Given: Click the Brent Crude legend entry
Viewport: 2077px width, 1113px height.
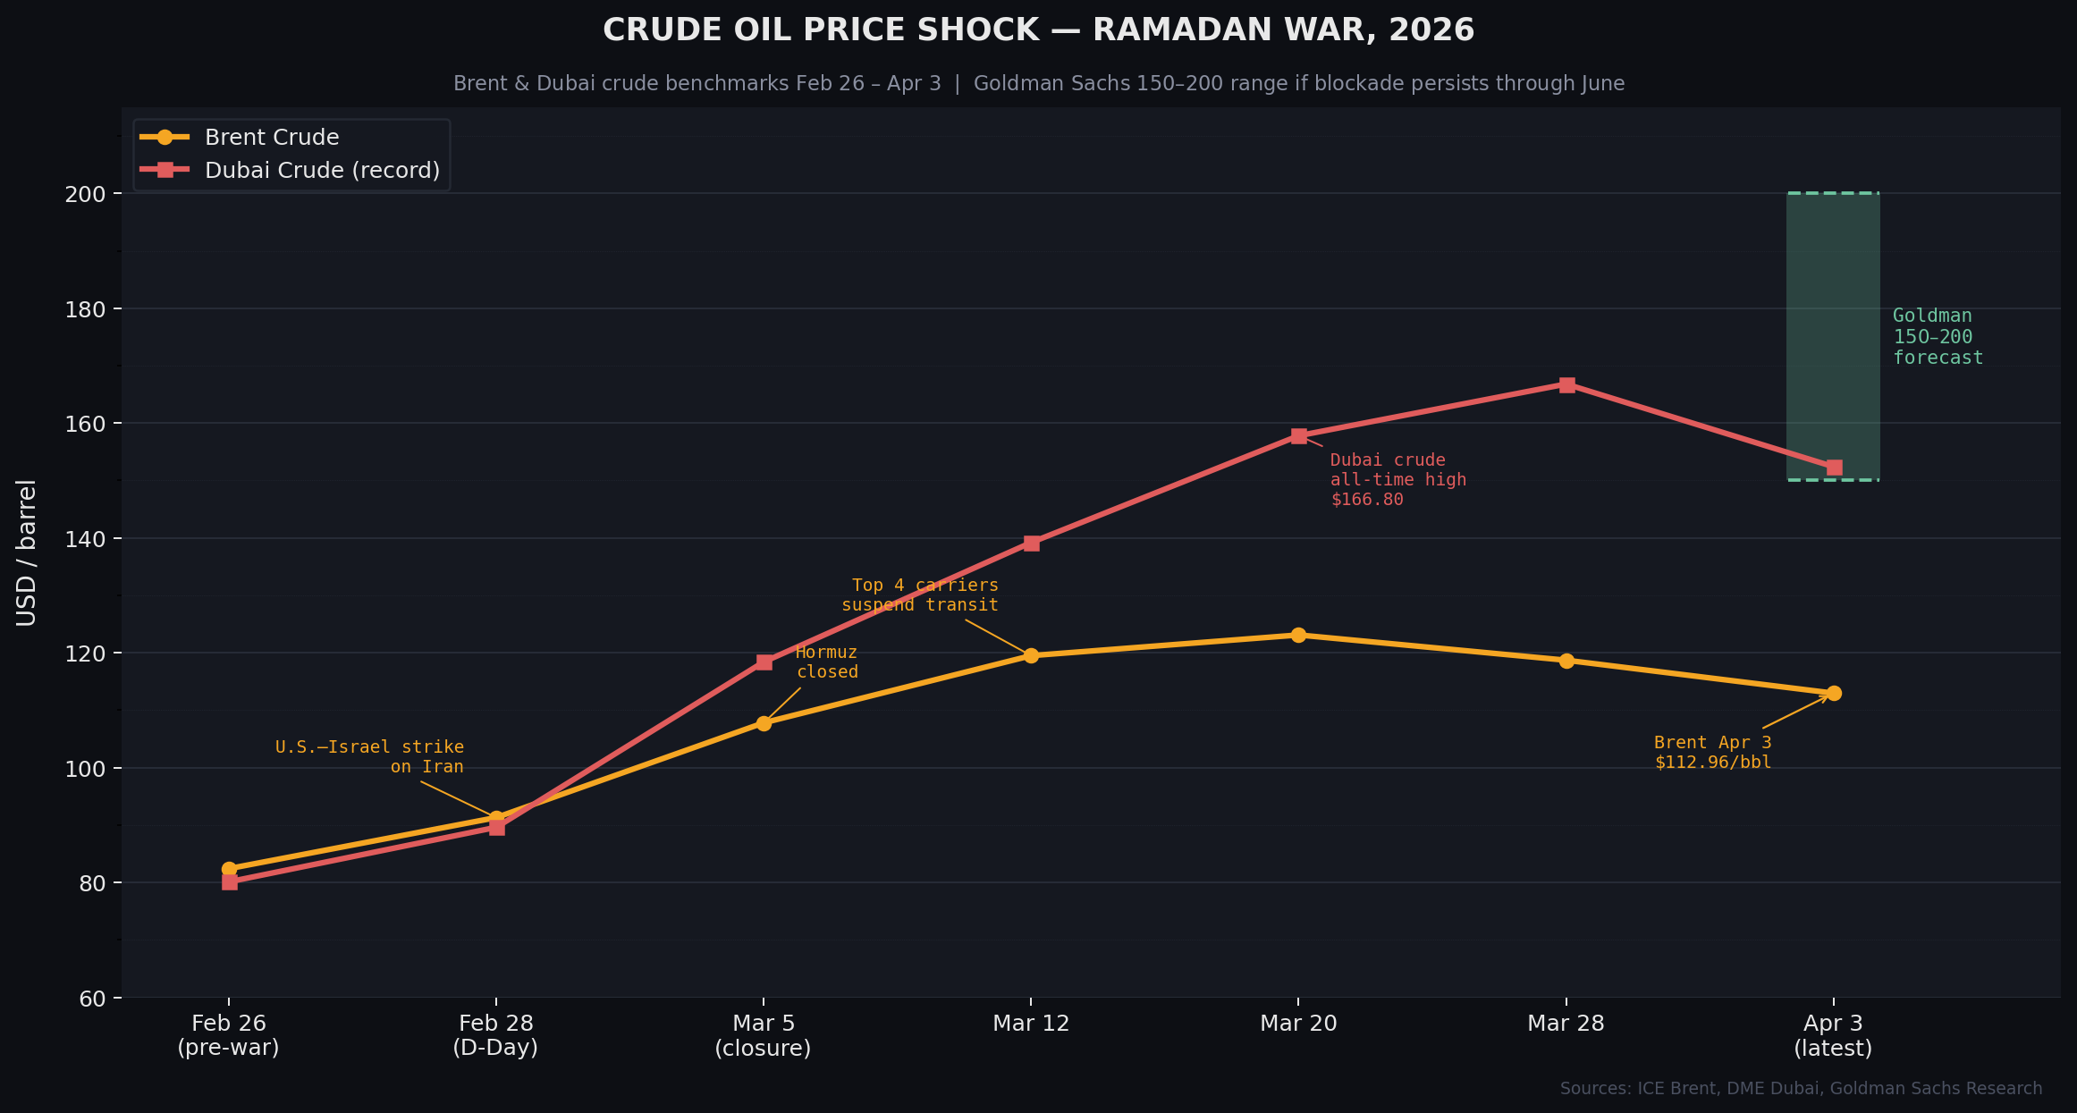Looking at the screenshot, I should click(x=271, y=138).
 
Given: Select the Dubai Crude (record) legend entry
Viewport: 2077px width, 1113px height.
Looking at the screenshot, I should click(x=322, y=171).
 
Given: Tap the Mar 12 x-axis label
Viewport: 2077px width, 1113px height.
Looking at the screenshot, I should click(x=1031, y=1024).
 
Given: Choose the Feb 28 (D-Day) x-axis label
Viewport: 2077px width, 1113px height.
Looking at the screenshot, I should click(x=495, y=1035).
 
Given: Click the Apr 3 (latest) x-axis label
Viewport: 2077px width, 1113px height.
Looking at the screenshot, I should click(x=1833, y=1035).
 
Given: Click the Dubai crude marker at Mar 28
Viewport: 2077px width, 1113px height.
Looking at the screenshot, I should click(x=1566, y=385).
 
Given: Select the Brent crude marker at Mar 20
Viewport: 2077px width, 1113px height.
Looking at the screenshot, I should click(x=1298, y=636).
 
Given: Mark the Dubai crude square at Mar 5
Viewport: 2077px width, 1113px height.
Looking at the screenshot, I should click(x=764, y=662).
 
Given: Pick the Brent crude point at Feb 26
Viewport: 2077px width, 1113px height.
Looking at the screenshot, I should click(x=229, y=869).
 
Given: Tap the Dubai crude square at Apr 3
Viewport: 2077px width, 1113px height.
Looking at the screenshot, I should click(x=1834, y=468).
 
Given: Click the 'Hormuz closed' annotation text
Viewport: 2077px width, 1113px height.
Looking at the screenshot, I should click(x=827, y=662).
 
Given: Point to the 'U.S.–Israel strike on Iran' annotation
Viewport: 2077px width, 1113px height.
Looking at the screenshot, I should click(x=370, y=756).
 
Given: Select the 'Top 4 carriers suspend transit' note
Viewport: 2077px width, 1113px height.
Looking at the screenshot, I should click(x=920, y=595).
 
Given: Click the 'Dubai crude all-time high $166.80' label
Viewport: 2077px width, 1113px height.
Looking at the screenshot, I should click(x=1397, y=480).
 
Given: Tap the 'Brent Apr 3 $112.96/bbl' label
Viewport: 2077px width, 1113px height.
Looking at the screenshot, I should click(x=1712, y=753).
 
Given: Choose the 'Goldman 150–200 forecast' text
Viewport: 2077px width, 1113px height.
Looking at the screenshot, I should click(x=1937, y=337).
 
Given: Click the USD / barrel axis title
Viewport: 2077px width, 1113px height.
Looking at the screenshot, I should click(x=27, y=552).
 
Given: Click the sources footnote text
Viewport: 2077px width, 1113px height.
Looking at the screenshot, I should click(x=1801, y=1088).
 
